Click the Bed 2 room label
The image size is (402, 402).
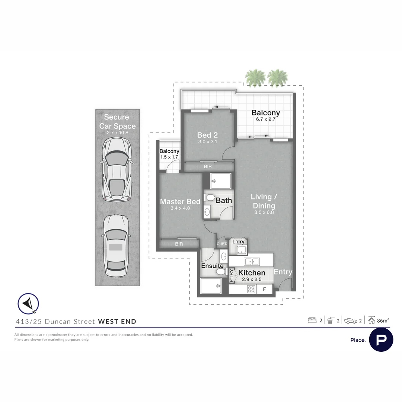pyautogui.click(x=207, y=135)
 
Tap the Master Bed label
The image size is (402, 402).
pyautogui.click(x=180, y=201)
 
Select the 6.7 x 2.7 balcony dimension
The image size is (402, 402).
pyautogui.click(x=266, y=119)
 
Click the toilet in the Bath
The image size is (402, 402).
pyautogui.click(x=209, y=198)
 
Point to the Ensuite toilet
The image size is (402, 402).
pyautogui.click(x=220, y=271)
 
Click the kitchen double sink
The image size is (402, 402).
pyautogui.click(x=252, y=262)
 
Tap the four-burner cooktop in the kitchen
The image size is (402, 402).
pyautogui.click(x=251, y=289)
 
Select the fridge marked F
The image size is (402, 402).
pyautogui.click(x=264, y=289)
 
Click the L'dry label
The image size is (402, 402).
pyautogui.click(x=238, y=242)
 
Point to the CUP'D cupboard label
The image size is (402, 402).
pyautogui.click(x=222, y=244)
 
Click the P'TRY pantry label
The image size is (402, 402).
pyautogui.click(x=232, y=275)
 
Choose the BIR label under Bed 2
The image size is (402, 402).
pyautogui.click(x=208, y=167)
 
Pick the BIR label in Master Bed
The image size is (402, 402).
pyautogui.click(x=179, y=244)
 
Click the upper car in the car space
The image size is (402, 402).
pyautogui.click(x=117, y=169)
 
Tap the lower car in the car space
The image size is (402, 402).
pyautogui.click(x=117, y=246)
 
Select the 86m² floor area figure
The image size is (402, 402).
pyautogui.click(x=383, y=320)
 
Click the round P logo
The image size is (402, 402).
pyautogui.click(x=381, y=340)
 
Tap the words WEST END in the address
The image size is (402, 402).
pyautogui.click(x=117, y=322)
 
